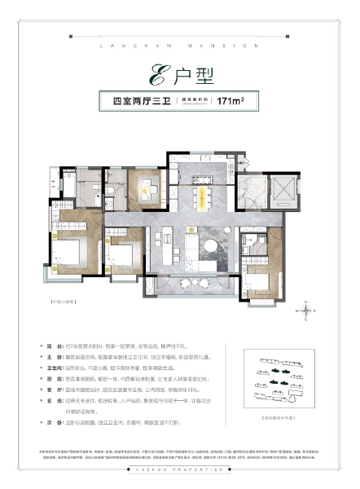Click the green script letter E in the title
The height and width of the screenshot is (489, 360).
pos(155,78)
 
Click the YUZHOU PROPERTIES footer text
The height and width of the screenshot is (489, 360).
pos(180,479)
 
